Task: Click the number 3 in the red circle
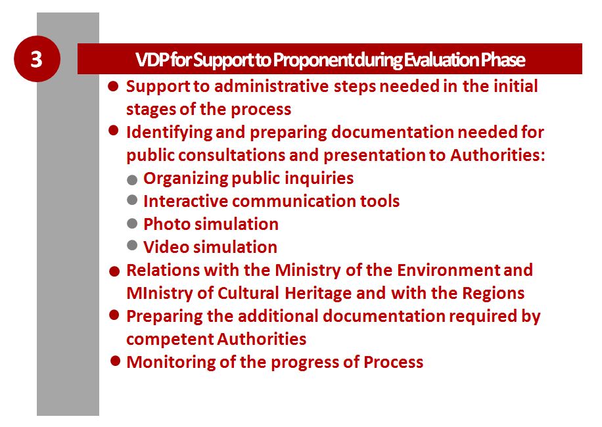tap(36, 59)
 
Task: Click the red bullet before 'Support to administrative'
tap(113, 86)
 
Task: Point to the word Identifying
tap(169, 132)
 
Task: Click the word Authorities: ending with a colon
tap(498, 155)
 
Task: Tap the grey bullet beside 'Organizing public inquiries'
tap(132, 180)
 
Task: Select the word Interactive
tap(185, 201)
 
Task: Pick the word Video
tap(167, 247)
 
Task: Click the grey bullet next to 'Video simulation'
tap(132, 245)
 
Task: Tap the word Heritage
tap(318, 294)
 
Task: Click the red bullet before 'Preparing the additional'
tap(114, 315)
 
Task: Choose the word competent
tap(170, 340)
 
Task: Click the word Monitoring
tap(171, 363)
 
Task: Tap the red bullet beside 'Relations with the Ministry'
tap(114, 271)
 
